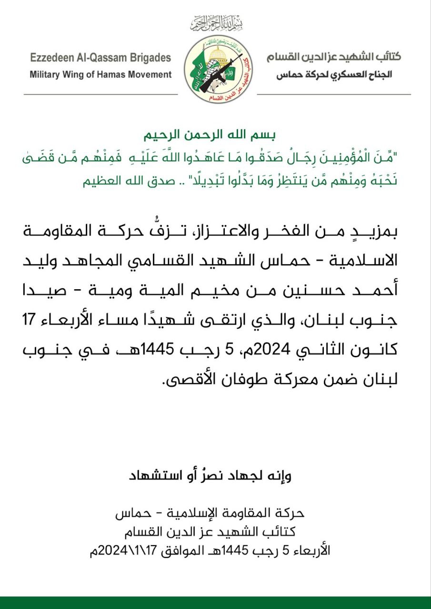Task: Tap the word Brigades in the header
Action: point(150,58)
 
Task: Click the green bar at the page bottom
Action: point(215,603)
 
